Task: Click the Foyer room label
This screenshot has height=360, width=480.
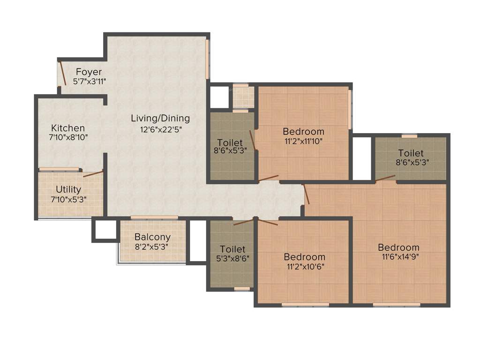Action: (89, 72)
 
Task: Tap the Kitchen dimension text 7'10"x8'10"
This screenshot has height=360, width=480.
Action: (68, 137)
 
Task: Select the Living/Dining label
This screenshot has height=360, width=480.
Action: (160, 118)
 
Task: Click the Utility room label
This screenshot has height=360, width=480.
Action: (68, 189)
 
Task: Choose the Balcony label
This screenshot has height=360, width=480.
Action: (152, 237)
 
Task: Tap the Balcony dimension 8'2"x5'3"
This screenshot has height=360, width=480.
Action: (152, 246)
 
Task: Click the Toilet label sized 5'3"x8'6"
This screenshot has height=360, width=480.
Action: (232, 249)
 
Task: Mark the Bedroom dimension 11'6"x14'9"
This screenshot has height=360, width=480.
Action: (399, 257)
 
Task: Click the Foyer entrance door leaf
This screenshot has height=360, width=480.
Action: (62, 73)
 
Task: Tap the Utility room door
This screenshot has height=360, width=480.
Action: (93, 174)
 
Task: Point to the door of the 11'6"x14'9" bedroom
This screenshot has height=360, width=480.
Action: (307, 194)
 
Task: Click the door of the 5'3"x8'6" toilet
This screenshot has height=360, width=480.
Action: (244, 221)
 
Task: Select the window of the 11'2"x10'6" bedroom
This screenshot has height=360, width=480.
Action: (305, 305)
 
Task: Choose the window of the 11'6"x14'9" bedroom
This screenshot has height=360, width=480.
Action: (397, 305)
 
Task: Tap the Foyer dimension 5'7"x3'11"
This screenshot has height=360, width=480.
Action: (90, 81)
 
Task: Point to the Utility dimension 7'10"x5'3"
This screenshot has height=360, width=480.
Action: (68, 199)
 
